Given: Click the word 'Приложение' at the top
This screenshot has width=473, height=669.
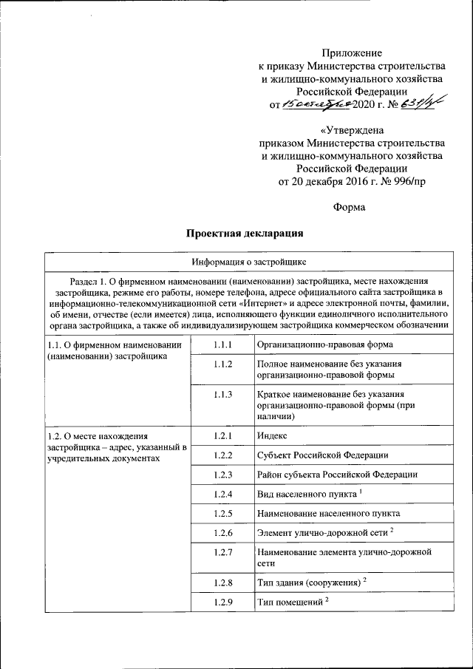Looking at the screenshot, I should coord(353,52).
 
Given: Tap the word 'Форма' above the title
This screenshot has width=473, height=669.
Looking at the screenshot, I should coord(349,208).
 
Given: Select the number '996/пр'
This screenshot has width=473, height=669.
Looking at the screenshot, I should coord(409,182).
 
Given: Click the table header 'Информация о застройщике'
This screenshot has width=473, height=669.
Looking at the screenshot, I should coord(245,262).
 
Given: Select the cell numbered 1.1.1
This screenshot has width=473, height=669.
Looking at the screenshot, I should coord(222,345).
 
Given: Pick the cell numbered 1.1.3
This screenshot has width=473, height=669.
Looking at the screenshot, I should coord(222,395).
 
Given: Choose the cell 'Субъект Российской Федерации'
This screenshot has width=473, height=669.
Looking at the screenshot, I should coord(323,454).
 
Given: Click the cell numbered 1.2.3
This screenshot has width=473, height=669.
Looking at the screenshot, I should coord(222,473).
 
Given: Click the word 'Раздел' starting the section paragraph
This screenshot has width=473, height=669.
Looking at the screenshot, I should coord(86,281).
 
